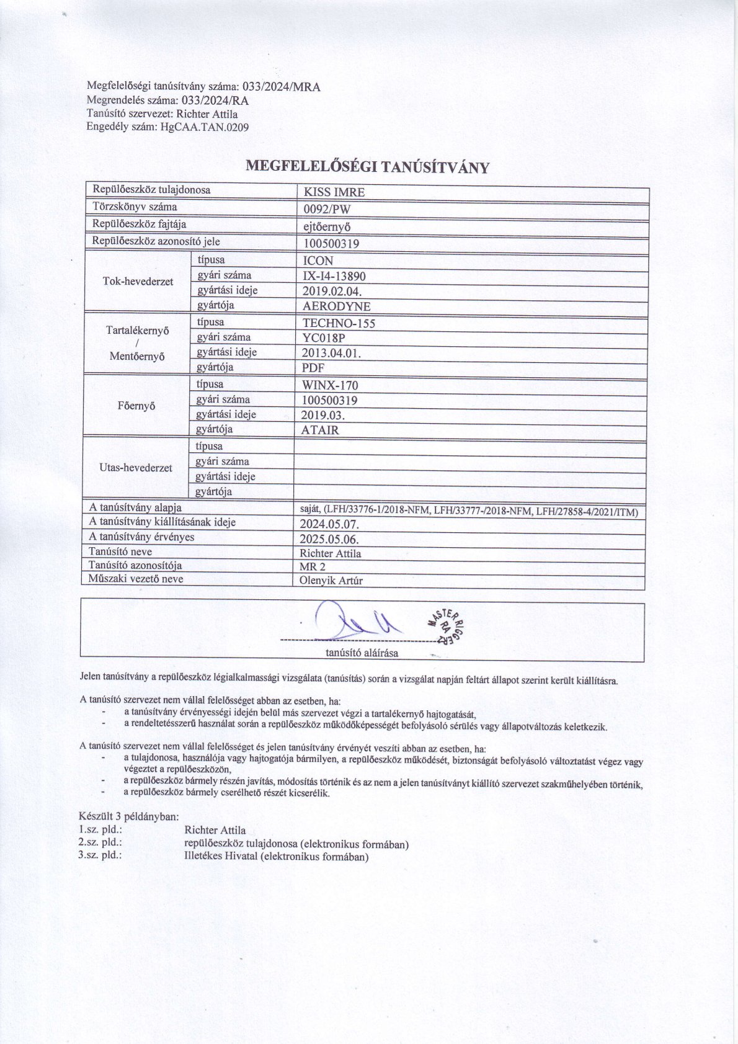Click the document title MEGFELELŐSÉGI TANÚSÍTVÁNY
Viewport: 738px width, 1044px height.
(x=368, y=166)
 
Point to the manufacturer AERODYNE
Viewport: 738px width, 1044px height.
(x=336, y=306)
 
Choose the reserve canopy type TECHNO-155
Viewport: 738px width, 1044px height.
(x=339, y=323)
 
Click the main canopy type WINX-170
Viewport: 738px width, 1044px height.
(x=330, y=385)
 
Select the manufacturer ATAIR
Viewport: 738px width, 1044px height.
(x=320, y=430)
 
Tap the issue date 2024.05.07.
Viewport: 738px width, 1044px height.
(x=329, y=523)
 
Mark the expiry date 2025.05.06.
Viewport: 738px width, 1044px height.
(x=329, y=538)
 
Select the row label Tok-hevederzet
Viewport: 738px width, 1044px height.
(x=138, y=282)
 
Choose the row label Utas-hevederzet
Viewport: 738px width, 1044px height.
(x=136, y=468)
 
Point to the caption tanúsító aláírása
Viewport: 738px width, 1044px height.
(x=362, y=653)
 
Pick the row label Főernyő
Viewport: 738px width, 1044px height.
(x=136, y=406)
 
